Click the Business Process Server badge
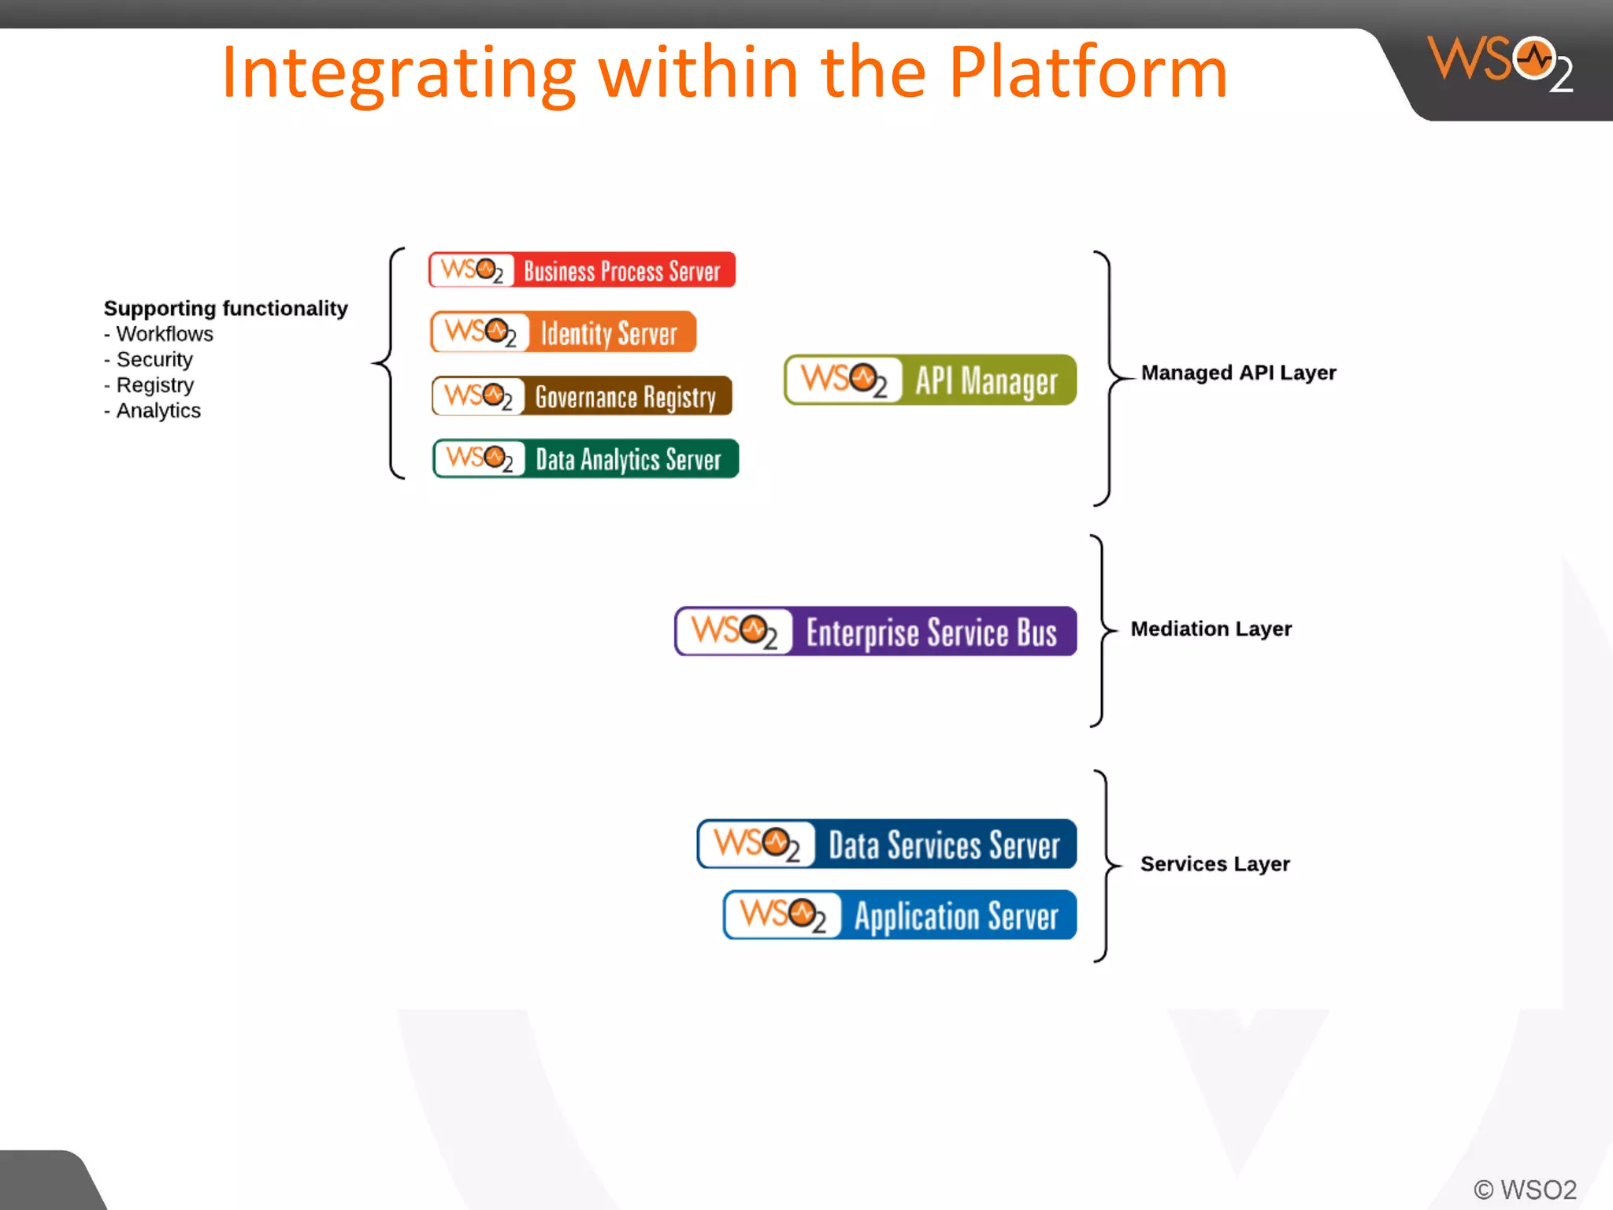click(582, 270)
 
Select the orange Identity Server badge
click(563, 332)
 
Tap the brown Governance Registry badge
click(582, 396)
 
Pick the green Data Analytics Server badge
click(585, 459)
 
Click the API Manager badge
click(930, 380)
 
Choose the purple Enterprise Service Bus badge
click(875, 632)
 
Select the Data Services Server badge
click(887, 844)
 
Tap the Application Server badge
click(899, 915)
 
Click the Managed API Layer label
click(1238, 373)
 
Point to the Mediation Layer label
click(1211, 629)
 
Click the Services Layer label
click(1214, 864)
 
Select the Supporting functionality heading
click(226, 308)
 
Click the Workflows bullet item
click(164, 334)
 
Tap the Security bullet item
click(154, 360)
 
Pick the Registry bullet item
click(154, 385)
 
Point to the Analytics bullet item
click(158, 411)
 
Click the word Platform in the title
click(1088, 73)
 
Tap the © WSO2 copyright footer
click(1525, 1189)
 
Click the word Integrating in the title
click(399, 73)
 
